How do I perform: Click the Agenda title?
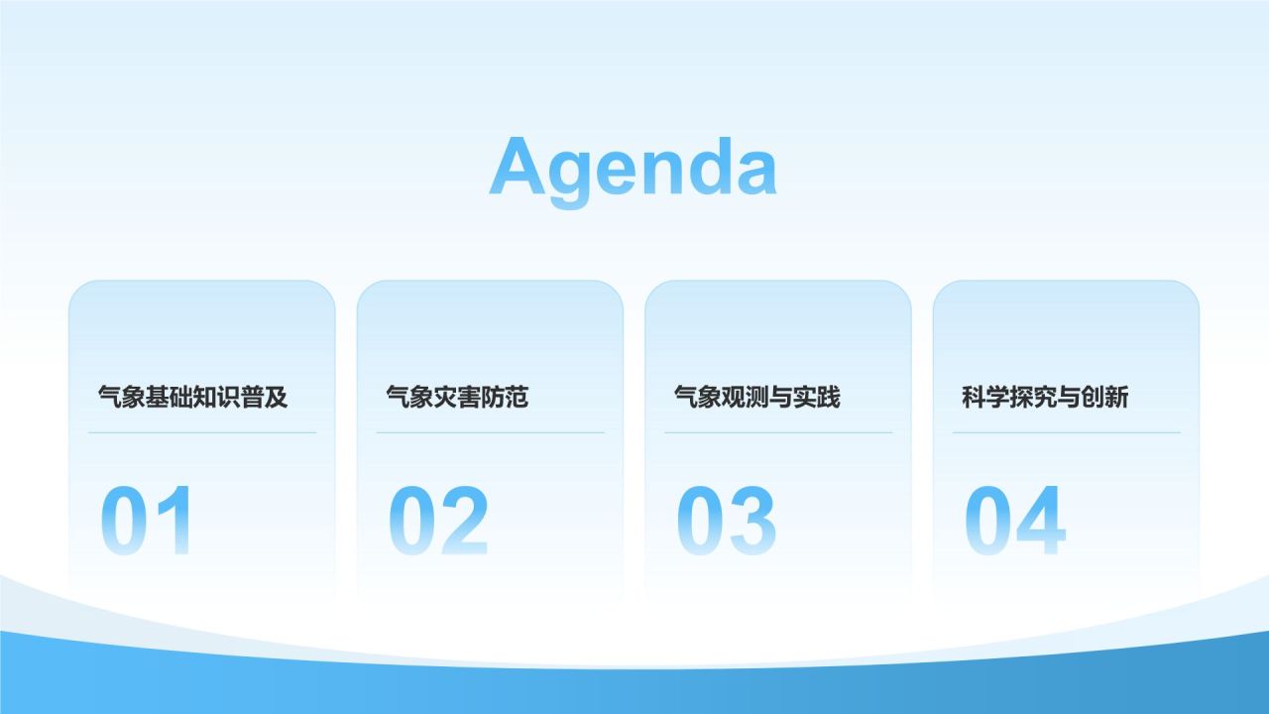633,167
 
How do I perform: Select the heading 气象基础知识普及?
193,398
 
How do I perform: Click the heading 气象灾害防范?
457,398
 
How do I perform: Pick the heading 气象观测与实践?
756,398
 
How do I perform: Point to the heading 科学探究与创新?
1045,398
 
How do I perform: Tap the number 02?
438,521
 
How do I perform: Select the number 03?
727,521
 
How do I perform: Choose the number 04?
1015,521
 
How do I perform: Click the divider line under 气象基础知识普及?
202,432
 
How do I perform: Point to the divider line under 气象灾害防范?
490,432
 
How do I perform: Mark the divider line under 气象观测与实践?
778,432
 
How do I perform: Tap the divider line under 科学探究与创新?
1066,432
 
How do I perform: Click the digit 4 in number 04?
1041,521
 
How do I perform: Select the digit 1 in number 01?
173,521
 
